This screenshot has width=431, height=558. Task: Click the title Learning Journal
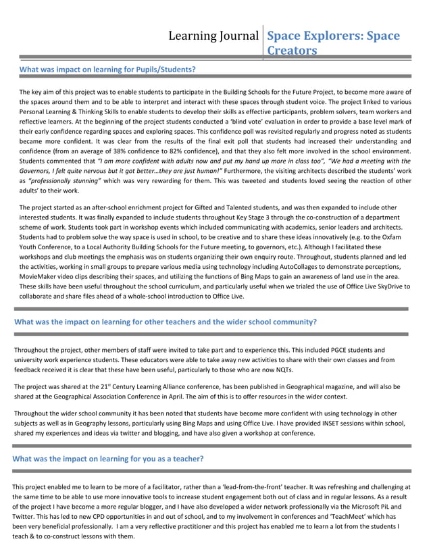[214, 35]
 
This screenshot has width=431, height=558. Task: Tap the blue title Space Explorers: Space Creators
[334, 43]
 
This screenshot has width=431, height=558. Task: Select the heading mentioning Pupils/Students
[107, 69]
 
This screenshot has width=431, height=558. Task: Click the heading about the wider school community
[166, 322]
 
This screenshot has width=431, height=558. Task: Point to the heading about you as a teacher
[108, 459]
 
